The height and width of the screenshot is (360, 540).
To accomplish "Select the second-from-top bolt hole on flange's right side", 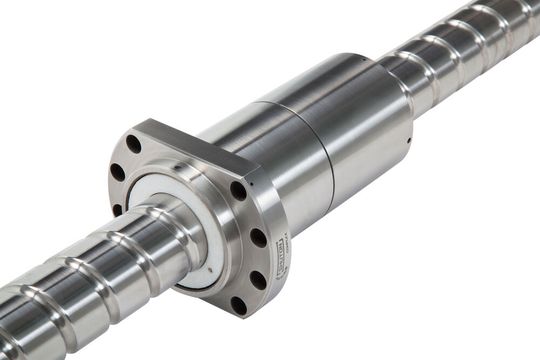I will pyautogui.click(x=257, y=238).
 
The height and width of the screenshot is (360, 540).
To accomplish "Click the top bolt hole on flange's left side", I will pyautogui.click(x=133, y=144).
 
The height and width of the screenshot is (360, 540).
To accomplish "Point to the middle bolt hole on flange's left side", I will pyautogui.click(x=117, y=172).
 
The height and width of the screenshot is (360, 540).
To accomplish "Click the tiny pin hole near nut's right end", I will pyautogui.click(x=408, y=140).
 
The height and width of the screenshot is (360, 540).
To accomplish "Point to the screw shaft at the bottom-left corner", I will pyautogui.click(x=30, y=320).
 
